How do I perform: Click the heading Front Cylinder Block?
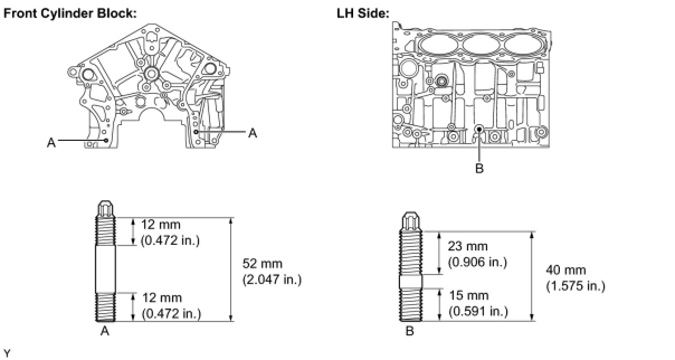(x=70, y=13)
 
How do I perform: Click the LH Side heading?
(x=363, y=13)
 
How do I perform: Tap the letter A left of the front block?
(x=51, y=143)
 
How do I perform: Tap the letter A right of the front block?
(x=253, y=133)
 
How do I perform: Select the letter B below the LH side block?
(x=479, y=168)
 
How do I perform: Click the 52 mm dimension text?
(x=263, y=263)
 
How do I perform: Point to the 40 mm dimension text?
(x=566, y=271)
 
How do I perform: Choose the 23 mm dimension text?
(x=468, y=246)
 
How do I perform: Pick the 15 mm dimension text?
(x=468, y=295)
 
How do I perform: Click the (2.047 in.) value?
(x=272, y=279)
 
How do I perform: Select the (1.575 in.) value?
(x=576, y=286)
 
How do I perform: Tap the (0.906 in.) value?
(x=478, y=262)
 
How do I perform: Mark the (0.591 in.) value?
(x=478, y=311)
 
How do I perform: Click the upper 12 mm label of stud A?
(x=161, y=225)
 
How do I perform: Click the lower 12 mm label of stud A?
(x=162, y=298)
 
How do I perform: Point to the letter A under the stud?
(x=104, y=331)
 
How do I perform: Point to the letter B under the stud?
(x=410, y=331)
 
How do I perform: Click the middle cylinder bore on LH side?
(x=480, y=45)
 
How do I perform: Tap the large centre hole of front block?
(x=150, y=74)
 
